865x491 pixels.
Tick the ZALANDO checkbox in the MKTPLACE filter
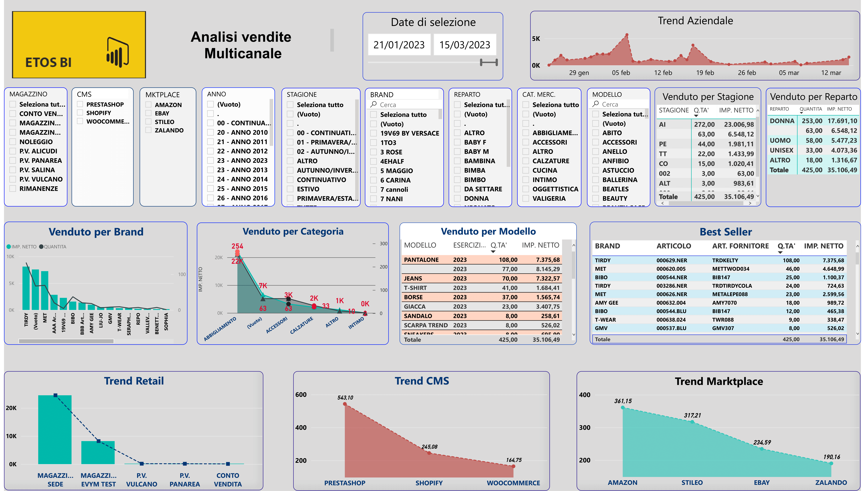148,130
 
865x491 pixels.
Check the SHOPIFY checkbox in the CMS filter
80,113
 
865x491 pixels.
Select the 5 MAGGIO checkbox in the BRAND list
374,171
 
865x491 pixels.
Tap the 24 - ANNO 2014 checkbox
210,179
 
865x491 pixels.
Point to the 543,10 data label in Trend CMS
345,398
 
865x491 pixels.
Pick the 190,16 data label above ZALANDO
832,457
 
